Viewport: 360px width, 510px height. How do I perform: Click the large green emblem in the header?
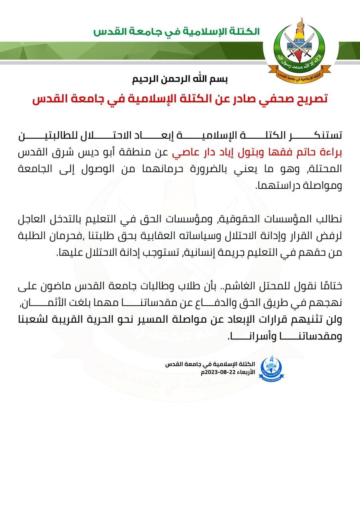click(302, 48)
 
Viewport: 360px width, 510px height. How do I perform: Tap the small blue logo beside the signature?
click(272, 369)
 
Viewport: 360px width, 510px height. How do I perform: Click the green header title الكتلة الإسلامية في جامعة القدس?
click(176, 32)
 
